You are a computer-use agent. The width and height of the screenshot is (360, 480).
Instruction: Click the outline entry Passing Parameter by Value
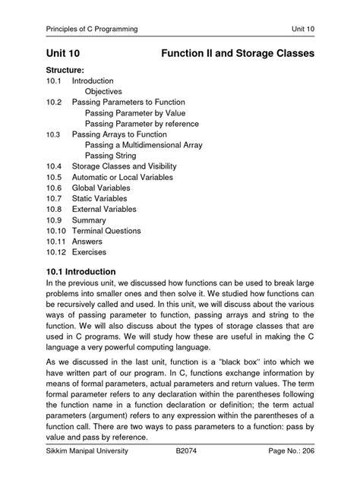click(x=134, y=112)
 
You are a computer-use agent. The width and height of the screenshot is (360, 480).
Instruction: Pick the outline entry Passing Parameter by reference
click(x=144, y=123)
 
